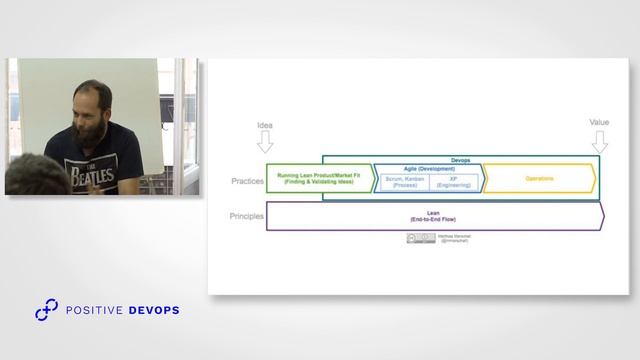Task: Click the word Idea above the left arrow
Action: [x=265, y=126]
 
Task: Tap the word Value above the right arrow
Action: [x=599, y=122]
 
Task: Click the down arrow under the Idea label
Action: [x=265, y=142]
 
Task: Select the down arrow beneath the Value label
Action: [x=599, y=139]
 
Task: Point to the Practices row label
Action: [x=246, y=181]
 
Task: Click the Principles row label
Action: [x=246, y=216]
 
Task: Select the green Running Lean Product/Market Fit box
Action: [x=321, y=178]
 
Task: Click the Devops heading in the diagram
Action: [x=460, y=159]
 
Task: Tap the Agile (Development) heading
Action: [x=428, y=168]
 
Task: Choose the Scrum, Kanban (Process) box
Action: [x=405, y=181]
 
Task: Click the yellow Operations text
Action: [x=539, y=178]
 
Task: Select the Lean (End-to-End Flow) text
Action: [x=434, y=216]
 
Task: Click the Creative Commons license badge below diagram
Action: [x=414, y=238]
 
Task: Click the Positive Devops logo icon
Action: [x=46, y=311]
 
